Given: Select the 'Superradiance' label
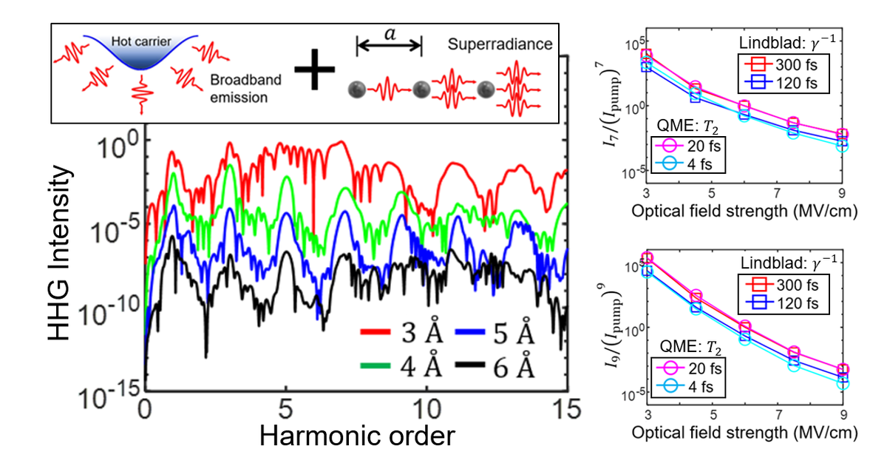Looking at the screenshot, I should (500, 44).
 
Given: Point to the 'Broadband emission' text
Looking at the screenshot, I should (237, 90).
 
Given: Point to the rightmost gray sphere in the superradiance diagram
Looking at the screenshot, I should (486, 90).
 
